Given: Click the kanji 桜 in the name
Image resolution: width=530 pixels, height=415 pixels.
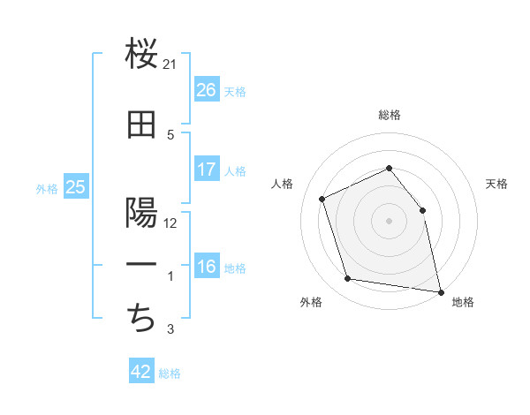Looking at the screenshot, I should pos(141,57).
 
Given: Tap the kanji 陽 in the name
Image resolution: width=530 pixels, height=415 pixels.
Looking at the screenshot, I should pos(141,214).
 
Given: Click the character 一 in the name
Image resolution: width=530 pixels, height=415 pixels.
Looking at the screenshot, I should pos(141,266).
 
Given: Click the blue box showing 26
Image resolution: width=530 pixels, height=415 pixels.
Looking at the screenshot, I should pos(207,89).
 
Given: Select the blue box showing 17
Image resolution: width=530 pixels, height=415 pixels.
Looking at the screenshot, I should pos(207,170).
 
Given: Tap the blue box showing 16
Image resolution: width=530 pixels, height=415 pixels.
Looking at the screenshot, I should pos(207,268).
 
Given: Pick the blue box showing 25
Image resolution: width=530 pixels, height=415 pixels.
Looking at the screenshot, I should pos(76,186).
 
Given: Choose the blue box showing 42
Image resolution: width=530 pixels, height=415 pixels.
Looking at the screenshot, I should pos(141,372).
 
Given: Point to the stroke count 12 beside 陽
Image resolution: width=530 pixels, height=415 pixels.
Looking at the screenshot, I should pos(170,223).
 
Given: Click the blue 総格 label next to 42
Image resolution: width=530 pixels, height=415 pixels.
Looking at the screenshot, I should pos(170,373).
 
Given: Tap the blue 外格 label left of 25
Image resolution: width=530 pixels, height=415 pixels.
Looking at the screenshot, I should pos(47,188).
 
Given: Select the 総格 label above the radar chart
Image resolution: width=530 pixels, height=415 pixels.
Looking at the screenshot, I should pos(389,115).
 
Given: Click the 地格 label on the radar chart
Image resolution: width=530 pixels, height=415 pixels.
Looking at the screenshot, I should pos(463,303).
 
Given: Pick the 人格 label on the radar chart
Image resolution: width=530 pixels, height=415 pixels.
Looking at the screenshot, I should pos(283,184).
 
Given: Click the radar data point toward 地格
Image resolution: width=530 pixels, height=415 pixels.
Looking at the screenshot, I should pos(440,291).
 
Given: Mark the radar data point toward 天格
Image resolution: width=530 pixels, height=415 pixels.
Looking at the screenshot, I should pos(422,210).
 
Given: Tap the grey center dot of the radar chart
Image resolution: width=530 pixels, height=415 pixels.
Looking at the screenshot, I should pos(389,221).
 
